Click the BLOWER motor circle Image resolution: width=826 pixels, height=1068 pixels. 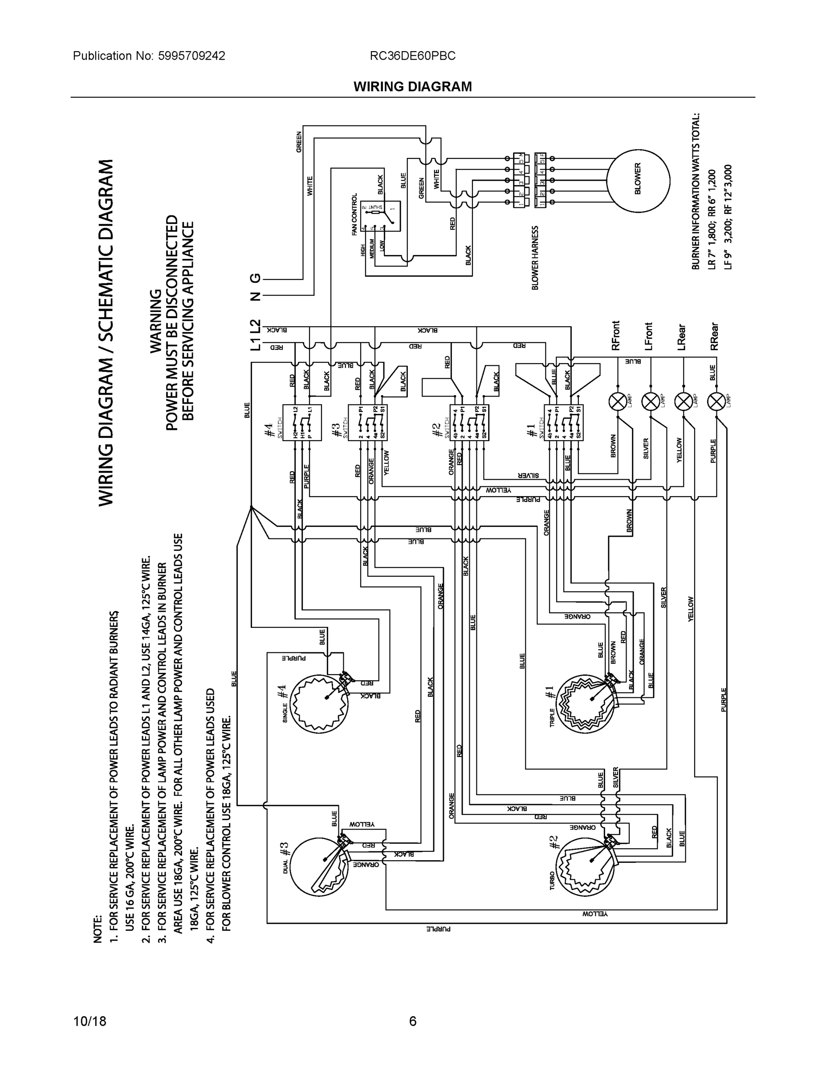click(638, 182)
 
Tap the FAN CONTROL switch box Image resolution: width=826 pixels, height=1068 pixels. click(380, 216)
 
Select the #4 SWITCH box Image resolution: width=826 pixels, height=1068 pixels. click(302, 422)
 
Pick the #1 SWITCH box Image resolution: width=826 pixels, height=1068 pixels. click(564, 422)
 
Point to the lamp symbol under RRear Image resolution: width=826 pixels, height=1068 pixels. click(717, 402)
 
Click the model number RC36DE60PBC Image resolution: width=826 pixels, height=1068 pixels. click(412, 56)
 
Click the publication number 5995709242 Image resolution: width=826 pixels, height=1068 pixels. click(191, 56)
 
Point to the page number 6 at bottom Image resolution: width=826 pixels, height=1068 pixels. click(412, 1021)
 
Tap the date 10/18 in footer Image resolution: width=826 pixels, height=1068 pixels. click(90, 1021)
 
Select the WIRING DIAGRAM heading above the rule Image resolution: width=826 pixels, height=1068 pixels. click(412, 87)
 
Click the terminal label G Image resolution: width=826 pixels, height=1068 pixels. click(256, 278)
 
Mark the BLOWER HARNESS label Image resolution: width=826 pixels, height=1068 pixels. click(535, 258)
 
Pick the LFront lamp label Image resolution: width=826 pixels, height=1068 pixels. click(649, 336)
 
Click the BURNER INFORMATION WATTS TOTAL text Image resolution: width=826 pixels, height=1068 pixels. click(696, 191)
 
